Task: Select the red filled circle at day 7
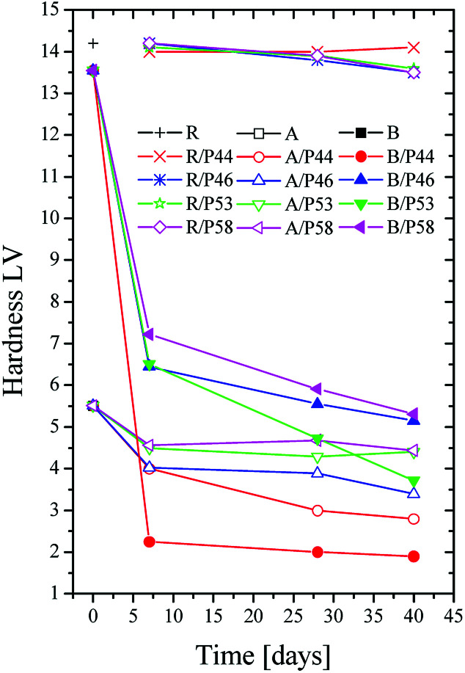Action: pos(149,542)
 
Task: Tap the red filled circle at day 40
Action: pos(414,556)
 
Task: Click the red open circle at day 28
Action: pos(318,510)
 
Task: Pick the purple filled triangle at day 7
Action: pos(149,334)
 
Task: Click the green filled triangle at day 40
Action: pos(414,481)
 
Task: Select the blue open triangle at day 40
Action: pos(414,493)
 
